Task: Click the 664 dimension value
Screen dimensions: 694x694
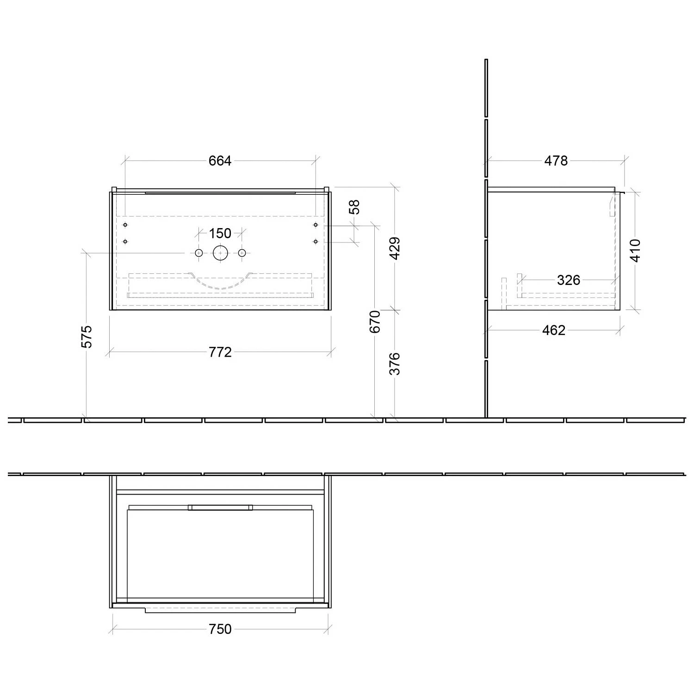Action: click(220, 161)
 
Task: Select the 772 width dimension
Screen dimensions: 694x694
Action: click(220, 352)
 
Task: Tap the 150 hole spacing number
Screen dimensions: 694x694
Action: click(220, 233)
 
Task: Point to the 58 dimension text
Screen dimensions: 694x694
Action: click(354, 207)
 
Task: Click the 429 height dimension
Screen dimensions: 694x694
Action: click(395, 248)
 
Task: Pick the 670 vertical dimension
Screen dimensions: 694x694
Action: click(375, 321)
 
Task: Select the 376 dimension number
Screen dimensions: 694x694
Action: click(395, 364)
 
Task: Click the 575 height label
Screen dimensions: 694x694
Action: click(87, 336)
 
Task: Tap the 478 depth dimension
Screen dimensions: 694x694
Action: click(556, 161)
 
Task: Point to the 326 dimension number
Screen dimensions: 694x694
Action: click(568, 280)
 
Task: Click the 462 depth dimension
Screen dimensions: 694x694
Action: click(554, 330)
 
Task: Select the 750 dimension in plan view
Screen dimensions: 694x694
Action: click(220, 629)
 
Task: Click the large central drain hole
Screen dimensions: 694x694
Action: click(220, 253)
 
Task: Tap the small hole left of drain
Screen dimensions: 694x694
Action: click(199, 253)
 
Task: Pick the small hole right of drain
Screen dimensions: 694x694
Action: click(242, 253)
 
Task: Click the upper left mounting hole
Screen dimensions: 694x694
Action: click(125, 225)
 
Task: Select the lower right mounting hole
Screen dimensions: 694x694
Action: click(316, 242)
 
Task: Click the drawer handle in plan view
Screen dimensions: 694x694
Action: click(220, 508)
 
